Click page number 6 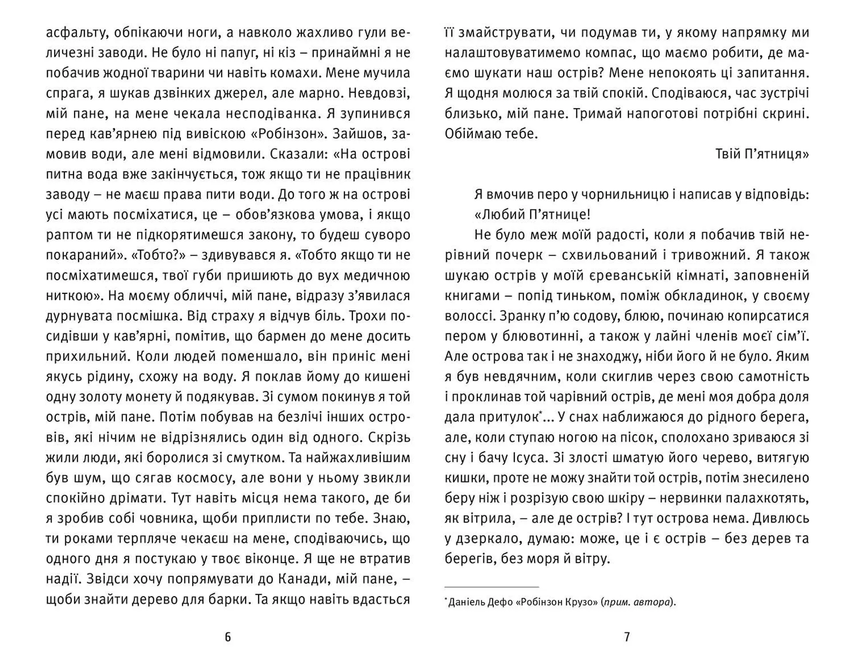click(x=228, y=637)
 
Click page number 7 click(x=627, y=637)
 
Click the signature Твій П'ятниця click(x=762, y=154)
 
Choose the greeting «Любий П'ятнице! click(x=532, y=215)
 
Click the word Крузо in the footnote click(x=582, y=603)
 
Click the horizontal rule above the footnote click(x=491, y=587)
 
